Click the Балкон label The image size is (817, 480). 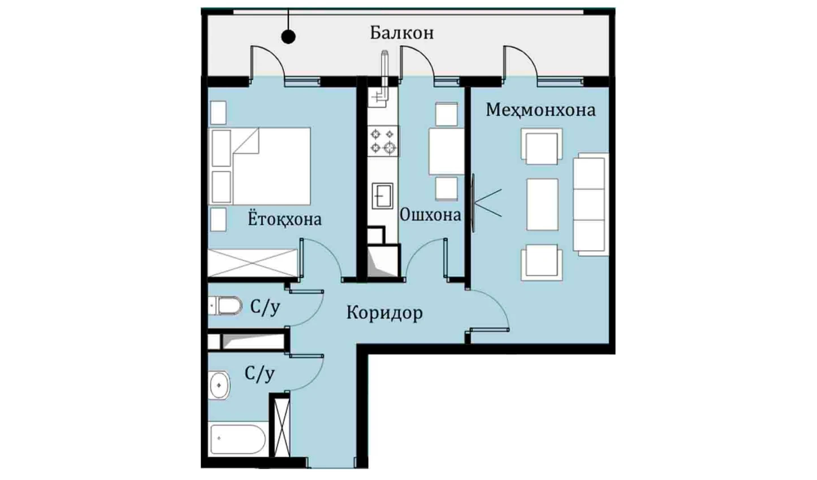[x=402, y=33]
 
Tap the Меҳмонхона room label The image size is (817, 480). [x=541, y=110]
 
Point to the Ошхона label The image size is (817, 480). [x=430, y=215]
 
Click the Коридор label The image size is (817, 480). [x=384, y=313]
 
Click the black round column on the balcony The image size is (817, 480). [x=288, y=36]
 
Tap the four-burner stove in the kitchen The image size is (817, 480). [x=383, y=141]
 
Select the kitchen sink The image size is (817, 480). [x=383, y=195]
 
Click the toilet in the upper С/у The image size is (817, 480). [x=225, y=305]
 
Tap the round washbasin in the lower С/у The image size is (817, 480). [x=219, y=385]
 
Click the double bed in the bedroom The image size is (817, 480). [x=260, y=166]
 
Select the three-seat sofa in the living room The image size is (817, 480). [x=591, y=204]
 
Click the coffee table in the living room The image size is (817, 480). [x=542, y=204]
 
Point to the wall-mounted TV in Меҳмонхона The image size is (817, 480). [x=473, y=203]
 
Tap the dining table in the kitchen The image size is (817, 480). [x=447, y=151]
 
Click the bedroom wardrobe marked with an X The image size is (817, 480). [x=253, y=263]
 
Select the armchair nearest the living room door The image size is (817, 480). [x=542, y=263]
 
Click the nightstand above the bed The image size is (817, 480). [x=218, y=113]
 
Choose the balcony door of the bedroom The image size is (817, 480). [x=267, y=63]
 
